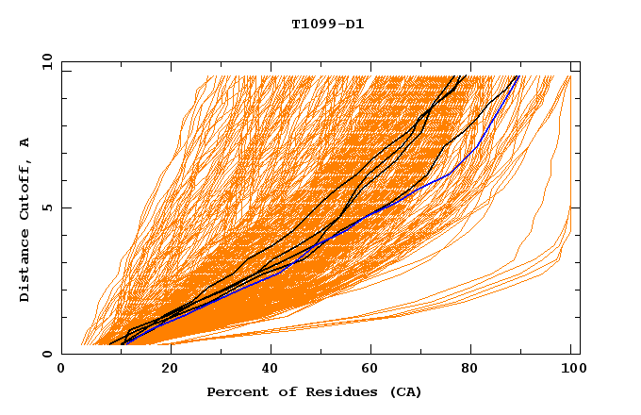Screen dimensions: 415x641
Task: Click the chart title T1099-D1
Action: [328, 24]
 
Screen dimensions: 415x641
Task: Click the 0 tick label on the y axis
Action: [48, 354]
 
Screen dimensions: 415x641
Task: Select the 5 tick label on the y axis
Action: [48, 207]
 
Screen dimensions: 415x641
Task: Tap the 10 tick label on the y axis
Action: [44, 61]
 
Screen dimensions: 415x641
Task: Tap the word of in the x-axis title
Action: [282, 391]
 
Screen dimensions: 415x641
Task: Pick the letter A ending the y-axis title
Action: [25, 142]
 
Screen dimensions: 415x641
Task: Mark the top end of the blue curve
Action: [518, 77]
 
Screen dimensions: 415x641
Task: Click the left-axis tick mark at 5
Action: [65, 207]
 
